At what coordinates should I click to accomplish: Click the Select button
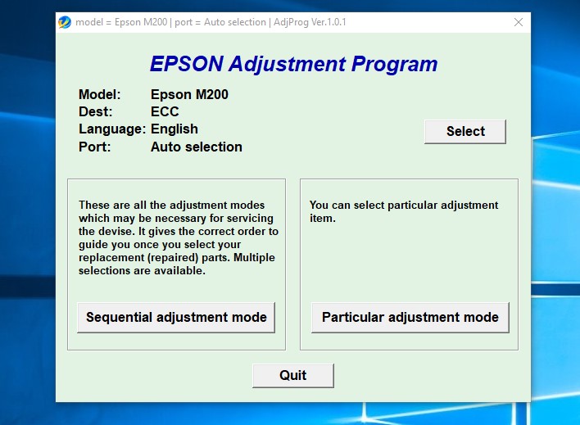tap(465, 131)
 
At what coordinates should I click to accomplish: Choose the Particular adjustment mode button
tap(410, 317)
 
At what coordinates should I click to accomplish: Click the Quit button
tap(292, 375)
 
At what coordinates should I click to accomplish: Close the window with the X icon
tap(519, 22)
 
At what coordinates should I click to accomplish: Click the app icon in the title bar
tap(65, 22)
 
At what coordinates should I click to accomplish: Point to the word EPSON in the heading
tap(185, 64)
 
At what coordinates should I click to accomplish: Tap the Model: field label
tap(99, 94)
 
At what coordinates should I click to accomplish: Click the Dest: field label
tap(96, 111)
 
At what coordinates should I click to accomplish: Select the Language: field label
tap(112, 129)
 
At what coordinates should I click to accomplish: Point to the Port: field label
tap(94, 147)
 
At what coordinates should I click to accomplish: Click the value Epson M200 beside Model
tap(189, 94)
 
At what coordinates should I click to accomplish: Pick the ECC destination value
tap(165, 111)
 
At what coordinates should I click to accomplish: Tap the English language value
tap(174, 129)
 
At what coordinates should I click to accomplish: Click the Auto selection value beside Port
tap(197, 147)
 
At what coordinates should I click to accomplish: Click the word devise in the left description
tap(118, 232)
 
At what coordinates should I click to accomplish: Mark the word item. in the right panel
tap(322, 219)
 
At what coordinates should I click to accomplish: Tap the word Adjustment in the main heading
tap(284, 64)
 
